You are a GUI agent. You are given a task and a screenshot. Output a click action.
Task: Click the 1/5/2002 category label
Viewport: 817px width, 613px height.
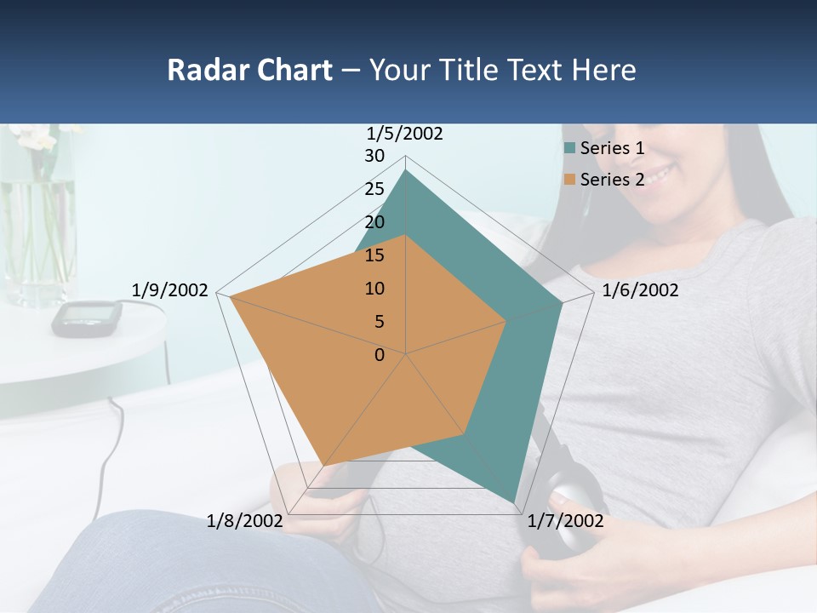coord(405,134)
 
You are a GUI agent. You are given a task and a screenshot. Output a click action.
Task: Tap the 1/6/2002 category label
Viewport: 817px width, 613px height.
coord(640,290)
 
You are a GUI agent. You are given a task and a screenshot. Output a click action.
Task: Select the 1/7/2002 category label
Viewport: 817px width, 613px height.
coord(565,521)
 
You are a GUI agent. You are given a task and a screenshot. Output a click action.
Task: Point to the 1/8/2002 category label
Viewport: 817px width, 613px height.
coord(244,521)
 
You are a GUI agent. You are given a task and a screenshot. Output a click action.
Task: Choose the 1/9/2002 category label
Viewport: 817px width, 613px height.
coord(169,290)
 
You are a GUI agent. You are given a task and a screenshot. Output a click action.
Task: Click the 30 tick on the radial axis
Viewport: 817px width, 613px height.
coord(374,156)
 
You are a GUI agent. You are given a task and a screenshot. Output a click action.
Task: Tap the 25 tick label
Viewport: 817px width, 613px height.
coord(374,189)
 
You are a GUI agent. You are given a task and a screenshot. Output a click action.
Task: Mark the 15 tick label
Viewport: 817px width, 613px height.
coord(374,255)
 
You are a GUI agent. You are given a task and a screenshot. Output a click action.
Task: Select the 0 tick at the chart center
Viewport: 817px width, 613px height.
coord(380,355)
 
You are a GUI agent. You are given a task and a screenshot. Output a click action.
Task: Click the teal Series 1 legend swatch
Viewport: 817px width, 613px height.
coord(569,148)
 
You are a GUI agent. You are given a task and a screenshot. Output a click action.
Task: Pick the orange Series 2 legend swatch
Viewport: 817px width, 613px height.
coord(569,180)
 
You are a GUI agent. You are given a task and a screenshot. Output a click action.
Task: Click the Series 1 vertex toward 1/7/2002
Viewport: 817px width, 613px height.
coord(514,502)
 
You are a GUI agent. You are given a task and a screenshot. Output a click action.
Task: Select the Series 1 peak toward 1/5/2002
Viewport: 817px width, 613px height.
coord(406,170)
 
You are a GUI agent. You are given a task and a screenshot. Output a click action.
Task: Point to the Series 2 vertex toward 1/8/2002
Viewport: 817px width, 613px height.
coord(325,465)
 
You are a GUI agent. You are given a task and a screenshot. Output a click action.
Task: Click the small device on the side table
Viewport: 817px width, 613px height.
coord(86,317)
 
